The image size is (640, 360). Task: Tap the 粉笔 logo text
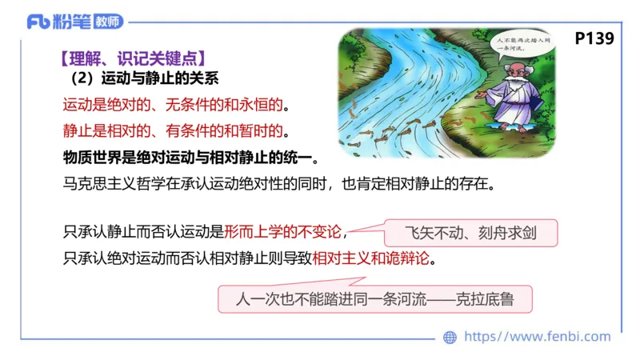tap(72, 22)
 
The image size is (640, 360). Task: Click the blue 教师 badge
tap(109, 22)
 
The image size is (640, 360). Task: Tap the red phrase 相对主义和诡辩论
tap(376, 259)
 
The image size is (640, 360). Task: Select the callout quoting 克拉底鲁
tap(374, 300)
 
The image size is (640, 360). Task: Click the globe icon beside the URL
tap(450, 337)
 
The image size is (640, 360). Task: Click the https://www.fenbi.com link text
tap(537, 337)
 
